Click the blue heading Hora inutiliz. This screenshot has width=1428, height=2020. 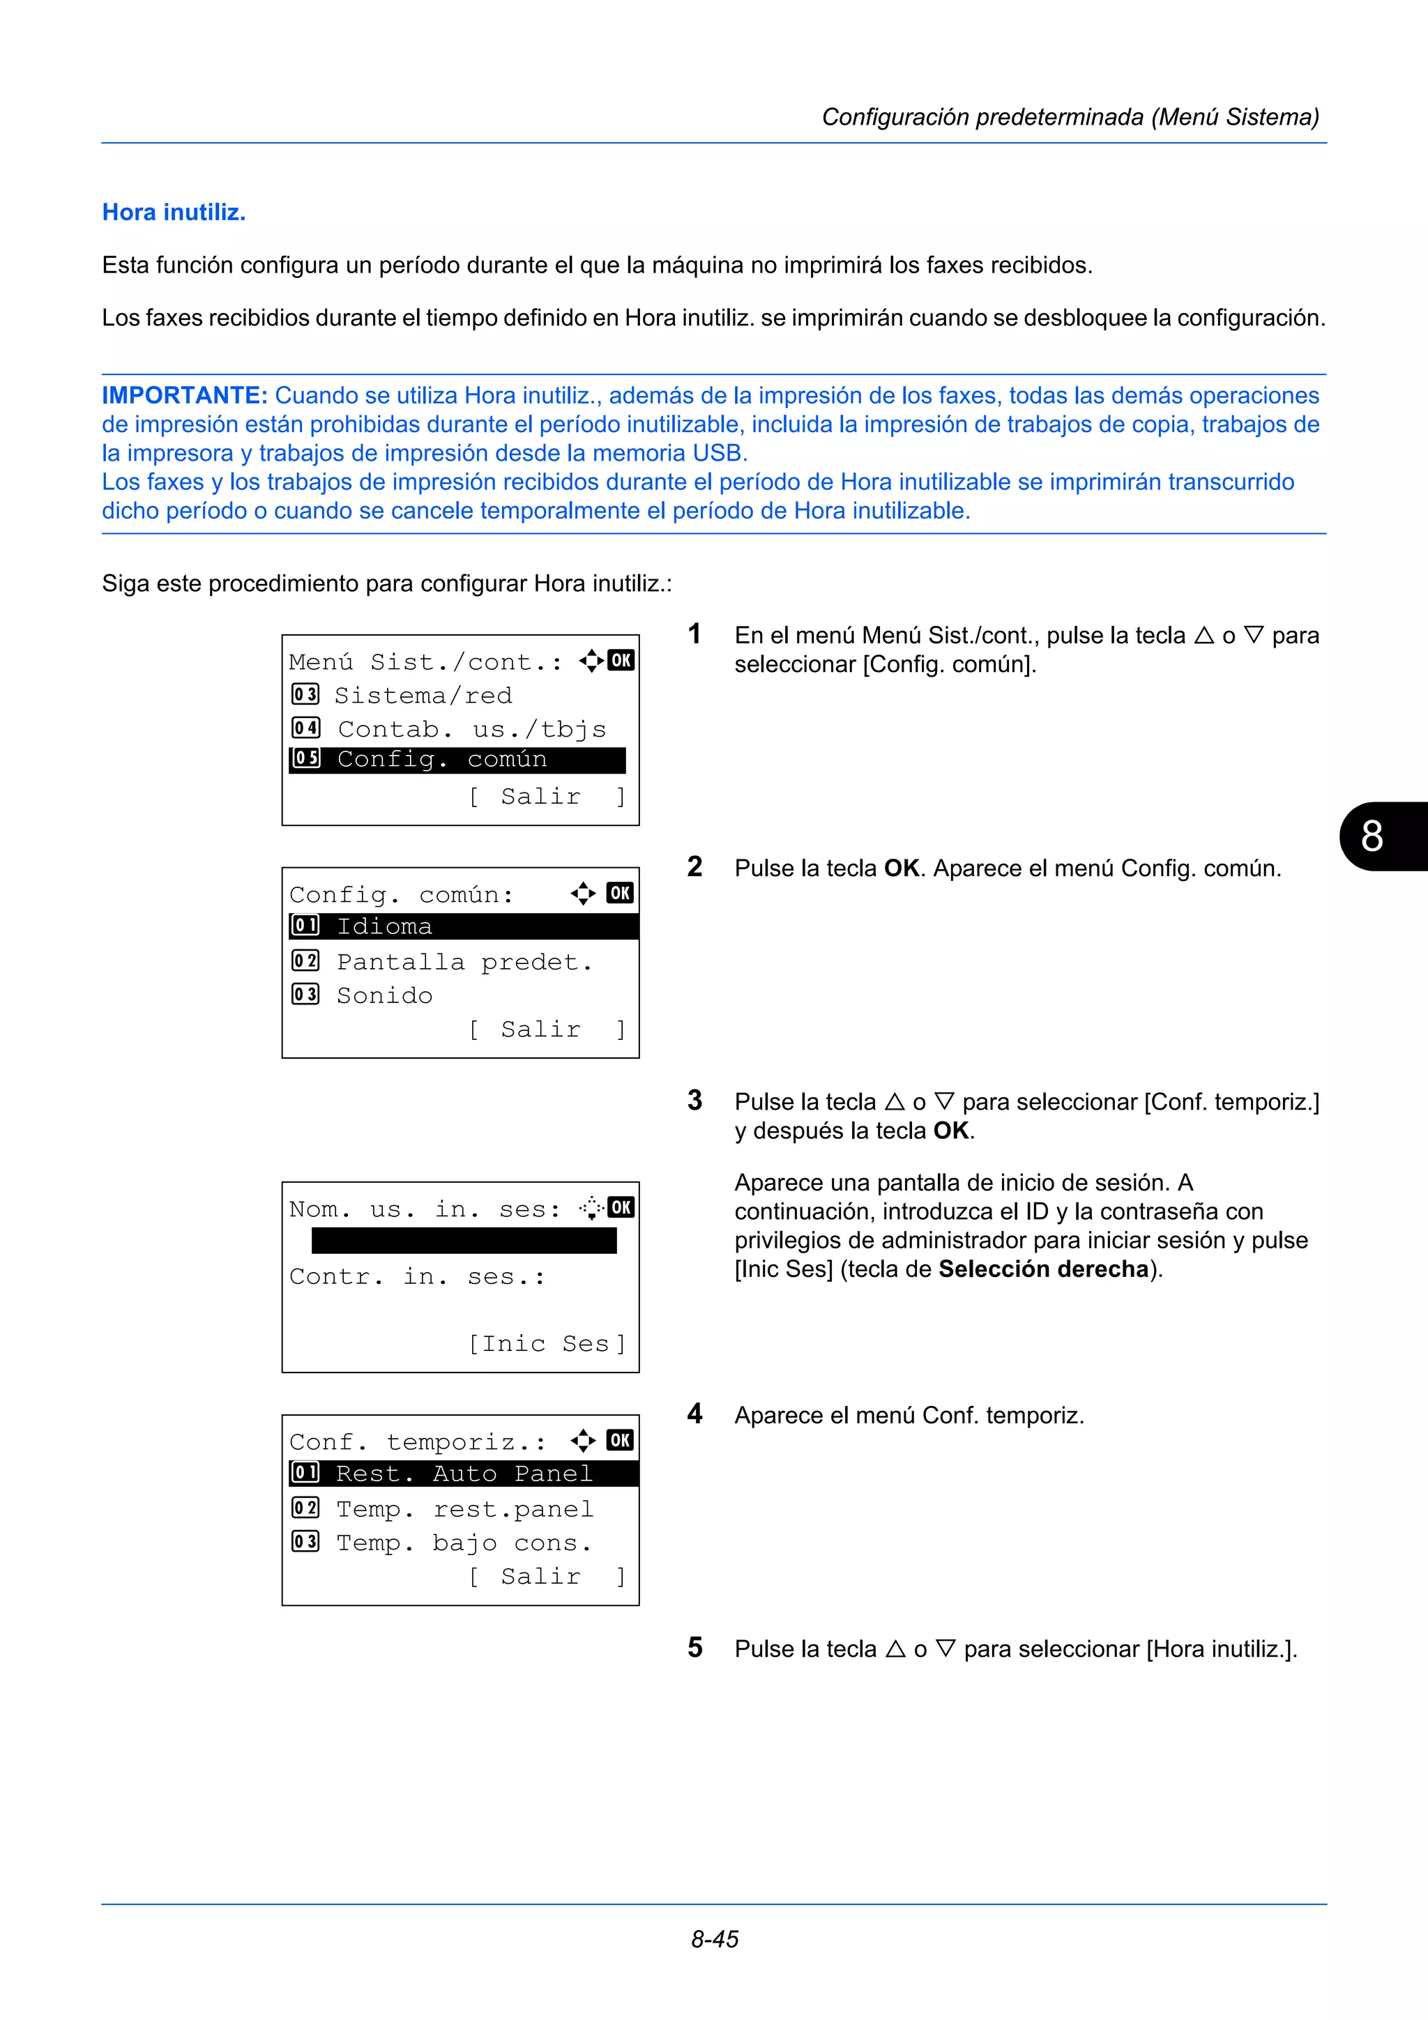(174, 212)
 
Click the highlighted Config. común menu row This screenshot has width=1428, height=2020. (457, 759)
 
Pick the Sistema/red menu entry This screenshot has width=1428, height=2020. (423, 696)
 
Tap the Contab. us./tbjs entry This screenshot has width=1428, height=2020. (471, 729)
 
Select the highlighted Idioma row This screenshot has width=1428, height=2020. (463, 926)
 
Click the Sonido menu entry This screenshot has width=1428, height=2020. (383, 995)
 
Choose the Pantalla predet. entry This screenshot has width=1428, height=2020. (464, 962)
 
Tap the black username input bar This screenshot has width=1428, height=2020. (464, 1241)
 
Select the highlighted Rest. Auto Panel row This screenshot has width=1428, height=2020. (463, 1474)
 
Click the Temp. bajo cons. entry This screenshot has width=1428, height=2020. (464, 1543)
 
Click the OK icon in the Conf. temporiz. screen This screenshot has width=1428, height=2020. (619, 1440)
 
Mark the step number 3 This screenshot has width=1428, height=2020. (695, 1101)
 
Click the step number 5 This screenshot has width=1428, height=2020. (695, 1648)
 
